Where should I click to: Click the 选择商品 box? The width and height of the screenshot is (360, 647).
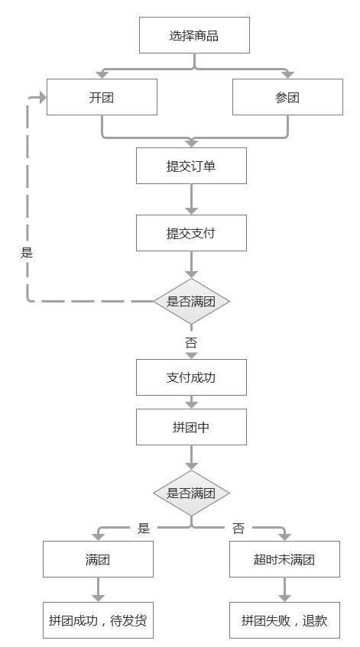point(194,35)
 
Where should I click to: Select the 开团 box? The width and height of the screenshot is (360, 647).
point(102,97)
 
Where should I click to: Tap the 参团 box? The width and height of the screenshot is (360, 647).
point(287,97)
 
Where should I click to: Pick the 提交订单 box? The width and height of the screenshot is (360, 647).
point(191,166)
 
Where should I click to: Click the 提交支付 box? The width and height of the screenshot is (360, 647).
point(191,233)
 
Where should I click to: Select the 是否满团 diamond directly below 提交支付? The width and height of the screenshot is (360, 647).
point(191,301)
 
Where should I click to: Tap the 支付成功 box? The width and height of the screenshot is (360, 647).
point(191,377)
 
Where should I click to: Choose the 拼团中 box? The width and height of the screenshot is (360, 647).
point(191,427)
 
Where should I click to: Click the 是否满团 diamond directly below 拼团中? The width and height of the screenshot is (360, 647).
point(191,493)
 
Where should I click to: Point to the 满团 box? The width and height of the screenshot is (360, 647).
point(98,559)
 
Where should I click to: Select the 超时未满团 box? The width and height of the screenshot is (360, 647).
point(284,559)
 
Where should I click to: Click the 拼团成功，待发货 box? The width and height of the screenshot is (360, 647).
point(98,620)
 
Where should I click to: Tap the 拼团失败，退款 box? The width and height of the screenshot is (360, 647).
point(284,620)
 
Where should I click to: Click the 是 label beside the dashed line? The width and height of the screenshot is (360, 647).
point(27,252)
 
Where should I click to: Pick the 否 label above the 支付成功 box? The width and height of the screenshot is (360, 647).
point(191,342)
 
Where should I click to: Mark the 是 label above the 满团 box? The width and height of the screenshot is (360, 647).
point(144,528)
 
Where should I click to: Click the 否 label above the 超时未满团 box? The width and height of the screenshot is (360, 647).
point(238,528)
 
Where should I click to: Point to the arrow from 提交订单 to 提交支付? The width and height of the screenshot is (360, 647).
point(191,199)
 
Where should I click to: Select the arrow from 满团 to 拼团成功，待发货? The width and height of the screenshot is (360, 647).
point(98,590)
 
